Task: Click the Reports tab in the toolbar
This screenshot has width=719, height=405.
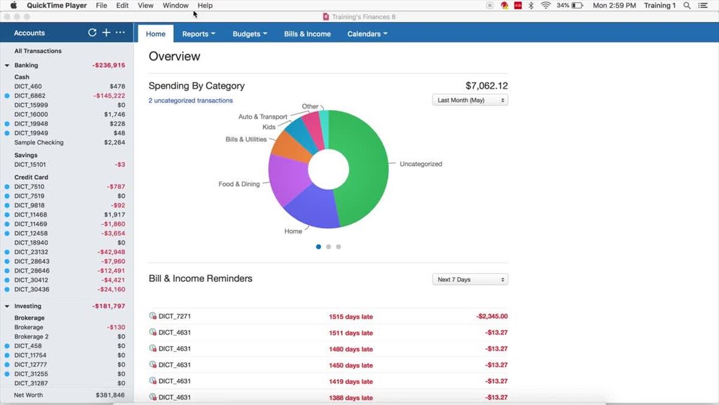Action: coord(198,34)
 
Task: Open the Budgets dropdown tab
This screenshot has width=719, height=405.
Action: coord(249,34)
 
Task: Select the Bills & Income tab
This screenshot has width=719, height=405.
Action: coord(307,34)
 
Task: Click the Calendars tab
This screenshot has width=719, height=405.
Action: coord(367,34)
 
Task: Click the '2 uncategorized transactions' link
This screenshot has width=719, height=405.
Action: coord(191,101)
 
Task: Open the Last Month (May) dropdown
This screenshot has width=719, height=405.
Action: coord(470,100)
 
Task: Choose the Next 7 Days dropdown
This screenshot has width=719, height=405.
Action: coord(470,280)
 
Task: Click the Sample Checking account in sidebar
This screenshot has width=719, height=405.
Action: coord(39,143)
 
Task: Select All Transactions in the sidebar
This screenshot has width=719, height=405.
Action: coord(38,51)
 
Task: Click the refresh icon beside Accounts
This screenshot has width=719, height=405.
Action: coord(92,32)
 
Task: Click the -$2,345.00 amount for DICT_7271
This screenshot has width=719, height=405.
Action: coord(492,316)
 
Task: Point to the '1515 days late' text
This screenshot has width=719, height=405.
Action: coord(351,317)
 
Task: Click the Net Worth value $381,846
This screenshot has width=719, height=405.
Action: coord(110,395)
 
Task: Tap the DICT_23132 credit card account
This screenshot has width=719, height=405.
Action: coord(31,253)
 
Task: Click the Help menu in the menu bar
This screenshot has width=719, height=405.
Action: coord(205,5)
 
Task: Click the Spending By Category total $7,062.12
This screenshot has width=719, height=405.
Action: coord(487,86)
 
